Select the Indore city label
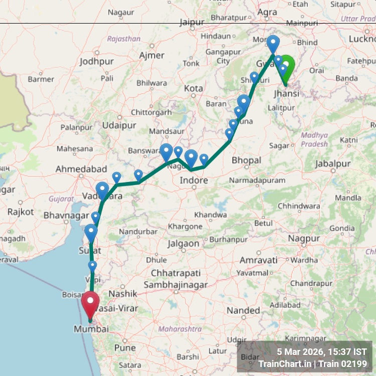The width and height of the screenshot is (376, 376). click(194, 180)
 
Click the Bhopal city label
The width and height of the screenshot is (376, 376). click(246, 160)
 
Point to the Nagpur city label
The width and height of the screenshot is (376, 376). click(304, 238)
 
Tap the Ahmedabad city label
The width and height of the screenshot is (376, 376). click(81, 169)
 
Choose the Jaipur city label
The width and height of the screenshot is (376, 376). click(192, 23)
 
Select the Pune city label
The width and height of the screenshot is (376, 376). click(125, 347)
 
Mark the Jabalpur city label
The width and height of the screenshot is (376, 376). click(332, 164)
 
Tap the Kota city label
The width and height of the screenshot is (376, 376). click(194, 88)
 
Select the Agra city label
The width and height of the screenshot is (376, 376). click(267, 12)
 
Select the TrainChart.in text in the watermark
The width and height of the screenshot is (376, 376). click(285, 364)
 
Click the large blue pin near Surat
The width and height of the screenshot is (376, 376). click(91, 233)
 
